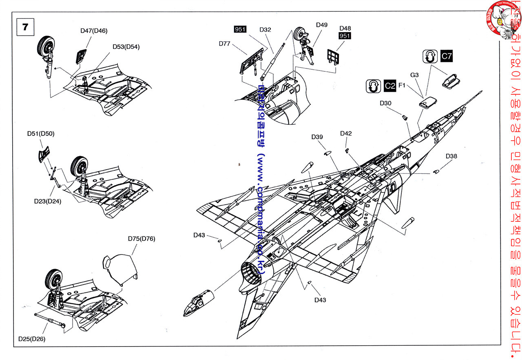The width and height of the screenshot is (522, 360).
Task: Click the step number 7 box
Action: tap(25, 27)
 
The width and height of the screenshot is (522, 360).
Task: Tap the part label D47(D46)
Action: tap(94, 31)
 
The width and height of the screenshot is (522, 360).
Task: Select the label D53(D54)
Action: tap(126, 46)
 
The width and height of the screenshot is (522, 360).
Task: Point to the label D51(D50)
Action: tap(41, 133)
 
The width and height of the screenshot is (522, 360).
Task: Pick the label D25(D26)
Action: tap(32, 339)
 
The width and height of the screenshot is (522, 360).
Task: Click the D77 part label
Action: tap(224, 44)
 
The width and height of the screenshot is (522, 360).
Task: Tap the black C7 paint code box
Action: tap(447, 56)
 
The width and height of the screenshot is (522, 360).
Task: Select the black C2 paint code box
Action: tap(390, 86)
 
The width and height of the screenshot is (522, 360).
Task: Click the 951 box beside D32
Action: tap(240, 29)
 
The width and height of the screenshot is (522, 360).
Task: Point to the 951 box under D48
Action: tap(345, 36)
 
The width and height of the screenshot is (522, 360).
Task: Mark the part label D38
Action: tap(451, 156)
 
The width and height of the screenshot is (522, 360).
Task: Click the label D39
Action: tap(317, 137)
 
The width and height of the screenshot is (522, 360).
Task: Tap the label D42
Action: tap(346, 133)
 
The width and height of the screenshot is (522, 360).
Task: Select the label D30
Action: tap(385, 103)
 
